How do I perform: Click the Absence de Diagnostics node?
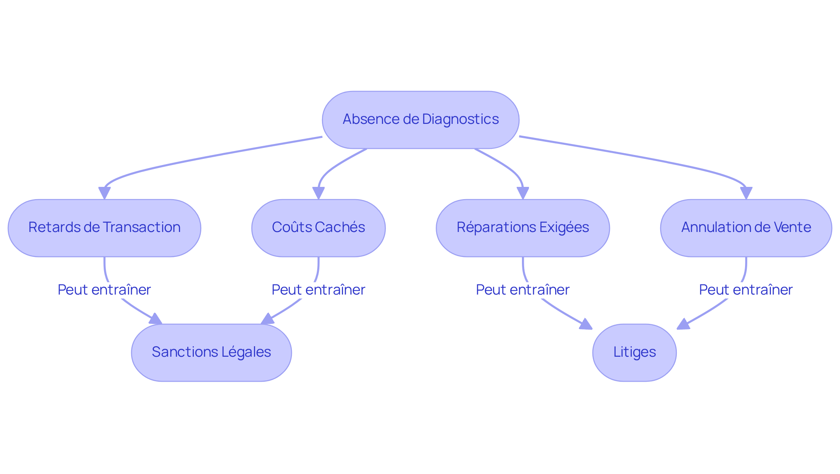420,119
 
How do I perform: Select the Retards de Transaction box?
104,228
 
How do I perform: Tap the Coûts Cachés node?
318,228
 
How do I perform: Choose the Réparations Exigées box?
522,228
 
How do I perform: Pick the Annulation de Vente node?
745,228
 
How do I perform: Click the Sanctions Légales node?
211,352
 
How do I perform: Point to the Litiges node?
634,352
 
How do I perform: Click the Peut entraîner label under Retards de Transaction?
104,290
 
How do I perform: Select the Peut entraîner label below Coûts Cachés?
318,290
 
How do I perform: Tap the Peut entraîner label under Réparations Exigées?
522,290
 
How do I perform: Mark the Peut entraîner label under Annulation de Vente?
745,290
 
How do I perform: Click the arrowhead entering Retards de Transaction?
104,193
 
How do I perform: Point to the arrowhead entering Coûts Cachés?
318,193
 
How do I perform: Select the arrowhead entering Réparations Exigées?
522,193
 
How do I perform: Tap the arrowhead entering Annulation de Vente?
746,193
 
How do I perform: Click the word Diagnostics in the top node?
460,119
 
